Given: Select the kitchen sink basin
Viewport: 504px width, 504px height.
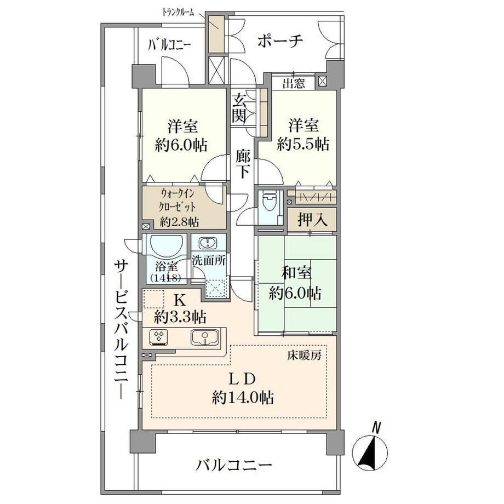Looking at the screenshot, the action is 205,337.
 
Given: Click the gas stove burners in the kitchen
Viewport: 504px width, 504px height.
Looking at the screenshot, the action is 158,337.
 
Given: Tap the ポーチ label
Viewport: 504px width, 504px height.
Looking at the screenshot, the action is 280,41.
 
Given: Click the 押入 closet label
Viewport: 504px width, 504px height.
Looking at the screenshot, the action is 312,220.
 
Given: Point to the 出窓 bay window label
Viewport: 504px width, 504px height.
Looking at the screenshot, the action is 294,84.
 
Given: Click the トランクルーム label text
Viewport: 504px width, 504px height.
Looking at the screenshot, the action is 177,13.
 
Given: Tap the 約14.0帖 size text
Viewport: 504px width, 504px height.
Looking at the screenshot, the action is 243,398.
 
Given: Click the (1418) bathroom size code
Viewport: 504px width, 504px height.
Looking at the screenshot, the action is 166,278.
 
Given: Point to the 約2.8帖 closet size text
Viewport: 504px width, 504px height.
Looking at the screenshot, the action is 179,221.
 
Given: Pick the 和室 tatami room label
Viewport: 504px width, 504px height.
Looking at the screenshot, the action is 296,273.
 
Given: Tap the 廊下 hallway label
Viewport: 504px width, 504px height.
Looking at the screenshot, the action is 243,164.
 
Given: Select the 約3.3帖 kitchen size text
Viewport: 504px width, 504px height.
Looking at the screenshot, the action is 180,317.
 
